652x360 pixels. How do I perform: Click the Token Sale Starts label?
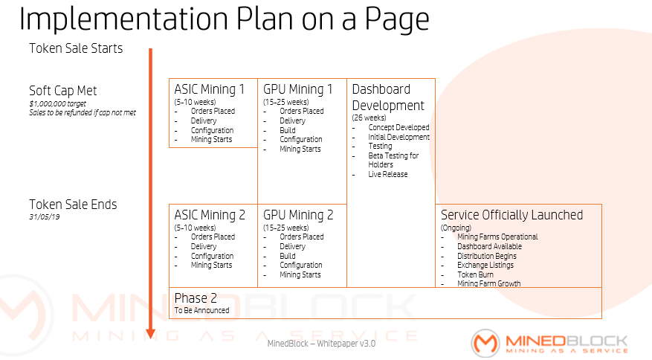(76, 48)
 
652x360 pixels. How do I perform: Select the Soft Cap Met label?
(63, 91)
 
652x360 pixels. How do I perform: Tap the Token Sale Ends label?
(73, 204)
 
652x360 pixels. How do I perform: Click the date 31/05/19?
(44, 216)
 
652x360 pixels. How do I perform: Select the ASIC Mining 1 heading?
(209, 89)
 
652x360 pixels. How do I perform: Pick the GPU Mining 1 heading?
(298, 89)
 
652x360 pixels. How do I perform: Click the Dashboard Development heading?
(388, 97)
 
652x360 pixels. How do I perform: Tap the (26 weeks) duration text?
(369, 118)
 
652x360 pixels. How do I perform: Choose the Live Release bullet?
(387, 175)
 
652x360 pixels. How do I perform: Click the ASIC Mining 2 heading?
(210, 215)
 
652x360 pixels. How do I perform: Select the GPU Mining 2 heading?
(298, 215)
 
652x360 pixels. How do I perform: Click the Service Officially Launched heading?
(511, 215)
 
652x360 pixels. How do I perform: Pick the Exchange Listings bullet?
(485, 265)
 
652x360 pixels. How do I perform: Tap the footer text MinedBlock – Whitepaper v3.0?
(321, 344)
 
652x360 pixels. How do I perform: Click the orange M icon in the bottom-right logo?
(485, 342)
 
